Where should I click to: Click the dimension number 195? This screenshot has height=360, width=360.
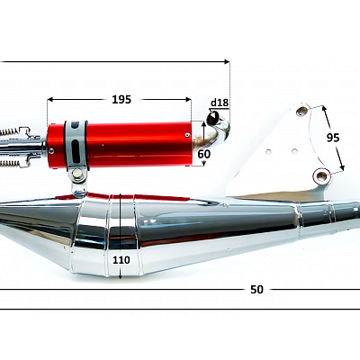point(121,99)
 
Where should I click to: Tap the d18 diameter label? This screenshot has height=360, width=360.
point(220,103)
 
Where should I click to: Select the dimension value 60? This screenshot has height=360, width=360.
point(204,154)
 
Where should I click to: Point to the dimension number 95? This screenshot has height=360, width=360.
point(333,138)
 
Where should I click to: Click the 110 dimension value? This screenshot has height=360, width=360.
point(121,260)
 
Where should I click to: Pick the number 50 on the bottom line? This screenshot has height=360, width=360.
point(256,290)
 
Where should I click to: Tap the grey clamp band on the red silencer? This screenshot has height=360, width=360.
point(76,145)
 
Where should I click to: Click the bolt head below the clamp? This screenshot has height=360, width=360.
point(78,173)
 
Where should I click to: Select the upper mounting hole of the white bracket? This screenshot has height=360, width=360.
point(301,112)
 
